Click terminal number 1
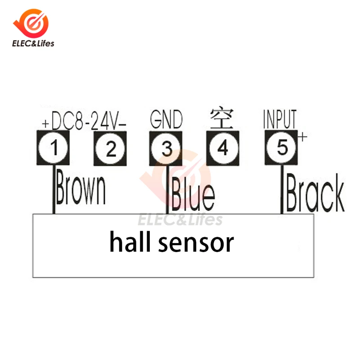point(54,148)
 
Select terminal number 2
point(111,148)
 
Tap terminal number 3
point(167,148)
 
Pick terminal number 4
point(223,148)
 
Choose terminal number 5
point(281,148)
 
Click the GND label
point(166,120)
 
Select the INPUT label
point(279,119)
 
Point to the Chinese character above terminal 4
point(222,118)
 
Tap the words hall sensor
point(171,243)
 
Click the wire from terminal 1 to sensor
point(54,189)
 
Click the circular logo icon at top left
point(31,22)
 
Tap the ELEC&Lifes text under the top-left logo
point(31,44)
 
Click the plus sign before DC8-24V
point(45,123)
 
